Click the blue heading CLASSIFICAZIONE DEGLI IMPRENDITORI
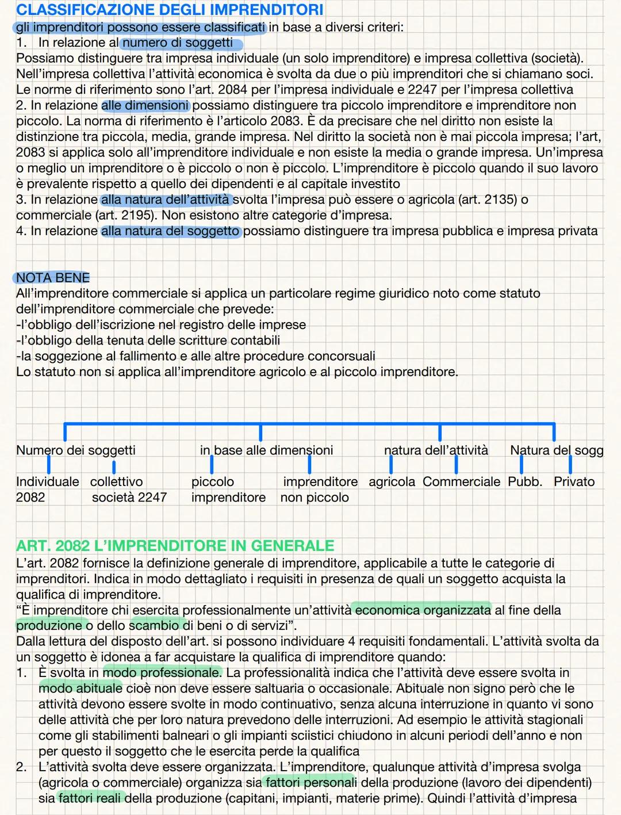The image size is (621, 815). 170,10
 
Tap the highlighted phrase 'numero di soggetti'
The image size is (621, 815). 178,43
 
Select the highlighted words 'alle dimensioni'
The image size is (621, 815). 145,105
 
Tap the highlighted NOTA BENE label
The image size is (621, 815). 53,278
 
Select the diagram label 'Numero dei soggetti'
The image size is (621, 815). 76,450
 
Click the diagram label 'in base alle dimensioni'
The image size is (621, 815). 266,450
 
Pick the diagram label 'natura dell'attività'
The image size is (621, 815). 436,450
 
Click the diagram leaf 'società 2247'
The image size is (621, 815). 129,497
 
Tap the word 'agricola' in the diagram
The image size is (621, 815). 392,481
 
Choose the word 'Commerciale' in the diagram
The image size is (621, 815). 461,481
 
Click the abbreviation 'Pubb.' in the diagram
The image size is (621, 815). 525,481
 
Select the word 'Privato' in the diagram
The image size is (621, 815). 574,481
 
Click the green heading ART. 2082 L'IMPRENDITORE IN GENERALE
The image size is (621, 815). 175,545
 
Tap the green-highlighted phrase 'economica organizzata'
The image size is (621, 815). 423,610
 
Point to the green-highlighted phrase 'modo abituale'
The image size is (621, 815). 80,688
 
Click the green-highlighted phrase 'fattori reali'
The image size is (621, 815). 91,798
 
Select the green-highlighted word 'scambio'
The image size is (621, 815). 154,625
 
